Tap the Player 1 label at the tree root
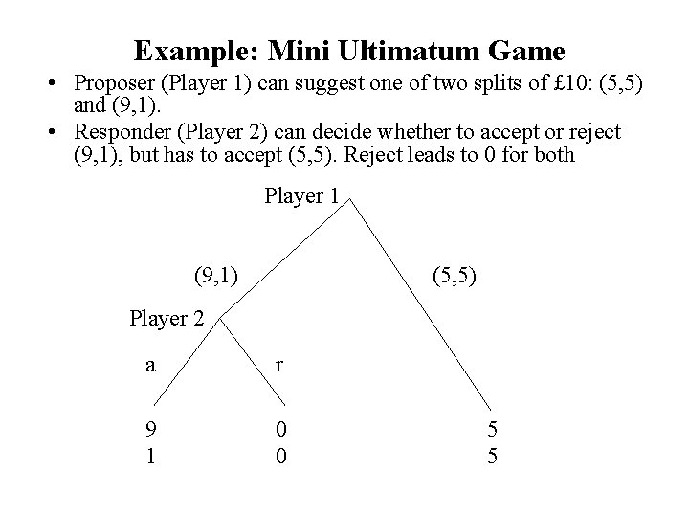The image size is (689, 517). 301,196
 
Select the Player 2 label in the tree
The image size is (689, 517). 167,318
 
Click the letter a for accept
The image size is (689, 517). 150,364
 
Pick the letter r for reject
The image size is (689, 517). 278,364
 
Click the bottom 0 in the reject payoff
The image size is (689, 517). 279,455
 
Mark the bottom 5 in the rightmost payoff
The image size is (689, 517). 493,455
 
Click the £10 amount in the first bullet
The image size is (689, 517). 527,85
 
